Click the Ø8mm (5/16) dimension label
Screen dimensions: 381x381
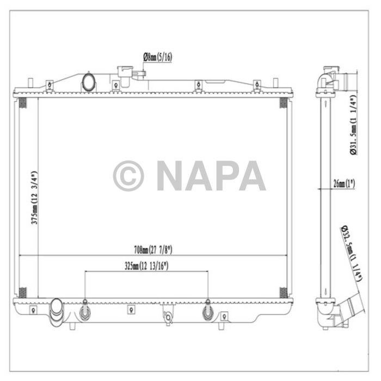tap(158, 57)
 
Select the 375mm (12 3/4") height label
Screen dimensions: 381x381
tap(34, 199)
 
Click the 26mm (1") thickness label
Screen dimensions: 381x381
tap(343, 185)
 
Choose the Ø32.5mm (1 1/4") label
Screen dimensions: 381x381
tap(352, 253)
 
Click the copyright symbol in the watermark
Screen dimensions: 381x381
tap(128, 176)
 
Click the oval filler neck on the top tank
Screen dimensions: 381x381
tap(88, 82)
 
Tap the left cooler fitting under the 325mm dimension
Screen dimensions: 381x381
tap(85, 311)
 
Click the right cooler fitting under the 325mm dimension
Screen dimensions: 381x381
tap(208, 311)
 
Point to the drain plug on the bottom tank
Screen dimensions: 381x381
tap(169, 316)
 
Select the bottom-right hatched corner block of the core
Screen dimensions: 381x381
tap(283, 292)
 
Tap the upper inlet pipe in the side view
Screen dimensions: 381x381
tap(340, 80)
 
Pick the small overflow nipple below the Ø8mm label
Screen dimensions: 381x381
tap(141, 74)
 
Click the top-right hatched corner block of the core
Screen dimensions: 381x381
tap(283, 103)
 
